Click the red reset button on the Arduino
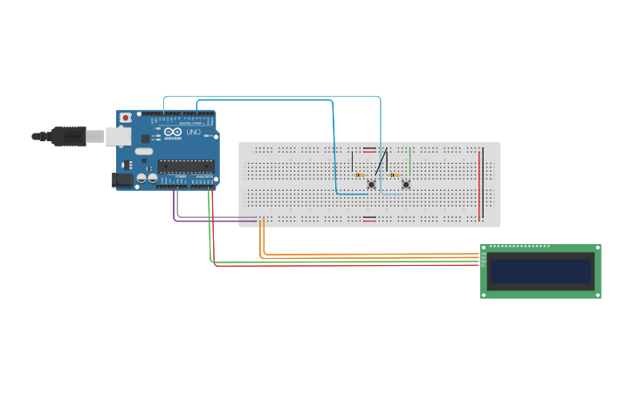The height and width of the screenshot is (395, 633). tap(126, 117)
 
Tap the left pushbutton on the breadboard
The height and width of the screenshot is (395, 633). tap(372, 184)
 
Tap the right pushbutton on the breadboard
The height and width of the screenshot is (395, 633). tap(406, 184)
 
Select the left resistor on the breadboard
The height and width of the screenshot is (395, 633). tap(361, 175)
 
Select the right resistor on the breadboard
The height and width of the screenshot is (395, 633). tap(395, 175)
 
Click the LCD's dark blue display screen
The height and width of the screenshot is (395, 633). tap(540, 270)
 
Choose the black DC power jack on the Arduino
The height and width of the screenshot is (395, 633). tap(122, 180)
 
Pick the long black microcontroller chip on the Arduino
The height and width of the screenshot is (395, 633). tap(185, 167)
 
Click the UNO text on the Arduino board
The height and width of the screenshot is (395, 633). tap(193, 132)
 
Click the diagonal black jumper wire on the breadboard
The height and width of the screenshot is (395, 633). tap(380, 163)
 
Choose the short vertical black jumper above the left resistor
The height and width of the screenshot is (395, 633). tap(353, 161)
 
